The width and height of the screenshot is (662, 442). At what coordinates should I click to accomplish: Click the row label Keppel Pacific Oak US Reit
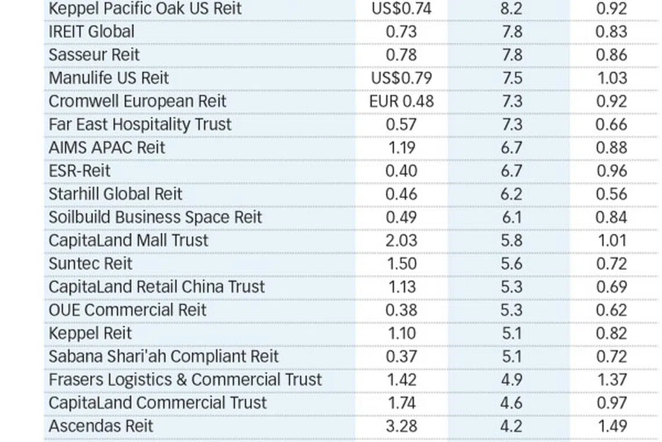click(145, 9)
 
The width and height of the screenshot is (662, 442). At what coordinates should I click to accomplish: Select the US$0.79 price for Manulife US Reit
click(401, 78)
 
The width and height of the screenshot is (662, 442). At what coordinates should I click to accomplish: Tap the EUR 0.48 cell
click(401, 101)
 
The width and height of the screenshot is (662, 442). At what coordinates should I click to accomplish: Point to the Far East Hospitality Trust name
click(140, 124)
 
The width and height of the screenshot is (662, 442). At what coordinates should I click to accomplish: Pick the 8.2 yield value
click(512, 9)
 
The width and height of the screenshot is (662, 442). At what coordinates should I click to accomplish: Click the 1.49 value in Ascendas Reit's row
click(611, 426)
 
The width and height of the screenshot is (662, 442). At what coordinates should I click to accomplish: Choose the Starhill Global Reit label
click(116, 194)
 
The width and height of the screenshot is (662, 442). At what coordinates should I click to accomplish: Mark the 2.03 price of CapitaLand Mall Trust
click(401, 240)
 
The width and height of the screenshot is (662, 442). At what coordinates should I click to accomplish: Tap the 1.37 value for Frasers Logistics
click(611, 379)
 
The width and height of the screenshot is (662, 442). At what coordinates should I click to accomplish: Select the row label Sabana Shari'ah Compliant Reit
click(164, 356)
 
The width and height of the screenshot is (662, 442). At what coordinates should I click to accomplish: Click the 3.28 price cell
click(401, 426)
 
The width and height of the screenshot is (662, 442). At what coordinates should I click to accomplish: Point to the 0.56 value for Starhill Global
click(611, 194)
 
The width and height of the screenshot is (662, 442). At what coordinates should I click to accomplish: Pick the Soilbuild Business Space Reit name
click(155, 217)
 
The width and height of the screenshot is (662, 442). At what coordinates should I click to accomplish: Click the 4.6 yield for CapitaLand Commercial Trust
click(512, 402)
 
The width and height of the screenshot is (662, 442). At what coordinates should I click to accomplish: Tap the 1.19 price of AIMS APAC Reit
click(401, 148)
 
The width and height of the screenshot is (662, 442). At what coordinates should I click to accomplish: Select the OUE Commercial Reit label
click(127, 309)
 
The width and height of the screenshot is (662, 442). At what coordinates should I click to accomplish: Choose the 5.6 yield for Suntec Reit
click(512, 263)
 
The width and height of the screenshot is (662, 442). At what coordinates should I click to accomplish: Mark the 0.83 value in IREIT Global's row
click(611, 31)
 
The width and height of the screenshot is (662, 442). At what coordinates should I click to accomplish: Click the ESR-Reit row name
click(80, 171)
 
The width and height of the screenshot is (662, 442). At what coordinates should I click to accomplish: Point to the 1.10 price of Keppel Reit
click(401, 333)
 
